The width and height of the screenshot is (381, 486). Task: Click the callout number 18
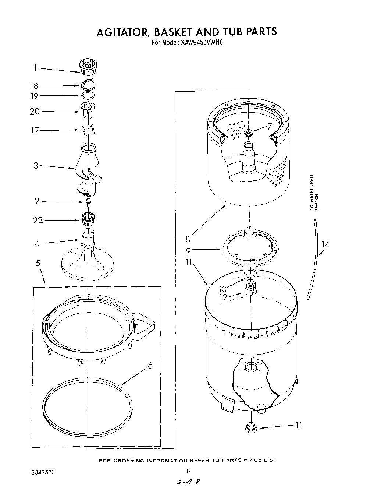click(x=34, y=86)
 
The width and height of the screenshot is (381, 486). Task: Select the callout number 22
click(x=38, y=220)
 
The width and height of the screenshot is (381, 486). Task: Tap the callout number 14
click(x=325, y=244)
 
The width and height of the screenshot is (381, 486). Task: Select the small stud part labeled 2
click(x=88, y=201)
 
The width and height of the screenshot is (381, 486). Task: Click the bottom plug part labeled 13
click(x=251, y=427)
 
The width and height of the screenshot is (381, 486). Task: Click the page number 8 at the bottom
click(x=188, y=471)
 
